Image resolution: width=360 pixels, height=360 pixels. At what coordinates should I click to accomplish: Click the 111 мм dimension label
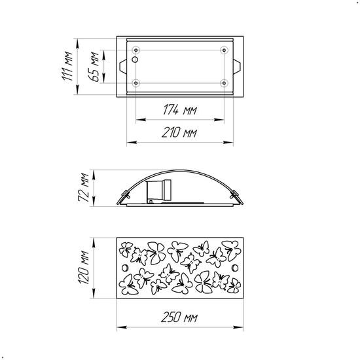(x=67, y=66)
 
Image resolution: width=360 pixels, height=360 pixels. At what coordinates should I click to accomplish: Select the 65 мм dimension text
(x=94, y=67)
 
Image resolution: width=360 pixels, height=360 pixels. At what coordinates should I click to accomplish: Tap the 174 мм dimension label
(x=180, y=110)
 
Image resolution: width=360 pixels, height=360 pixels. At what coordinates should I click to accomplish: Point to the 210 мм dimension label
(x=179, y=132)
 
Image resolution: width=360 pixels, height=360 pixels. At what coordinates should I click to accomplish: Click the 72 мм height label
(x=83, y=187)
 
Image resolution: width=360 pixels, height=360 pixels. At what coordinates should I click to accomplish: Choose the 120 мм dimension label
(x=83, y=268)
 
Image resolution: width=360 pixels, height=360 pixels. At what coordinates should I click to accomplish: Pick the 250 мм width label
(x=179, y=317)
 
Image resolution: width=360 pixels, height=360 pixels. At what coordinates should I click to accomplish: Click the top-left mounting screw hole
(x=136, y=50)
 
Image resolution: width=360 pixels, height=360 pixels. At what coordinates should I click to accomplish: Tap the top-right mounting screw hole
(x=224, y=50)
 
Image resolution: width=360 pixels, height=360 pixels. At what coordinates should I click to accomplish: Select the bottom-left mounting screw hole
(x=136, y=83)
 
